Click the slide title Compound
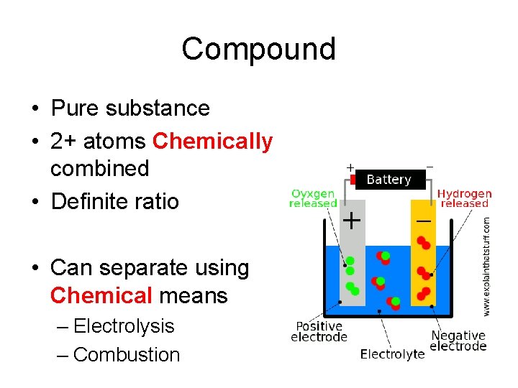point(258,49)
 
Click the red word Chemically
point(212,142)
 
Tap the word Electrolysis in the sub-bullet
point(124,326)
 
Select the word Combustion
point(127,355)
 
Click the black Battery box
point(388,180)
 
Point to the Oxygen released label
point(313,198)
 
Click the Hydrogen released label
point(465,198)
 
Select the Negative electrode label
point(458,341)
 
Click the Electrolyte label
point(392,354)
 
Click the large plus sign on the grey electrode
point(350,220)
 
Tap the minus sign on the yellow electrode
point(424,221)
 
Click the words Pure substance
point(130,108)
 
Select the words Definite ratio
point(114,200)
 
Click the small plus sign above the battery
point(350,167)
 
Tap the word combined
point(99,169)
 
